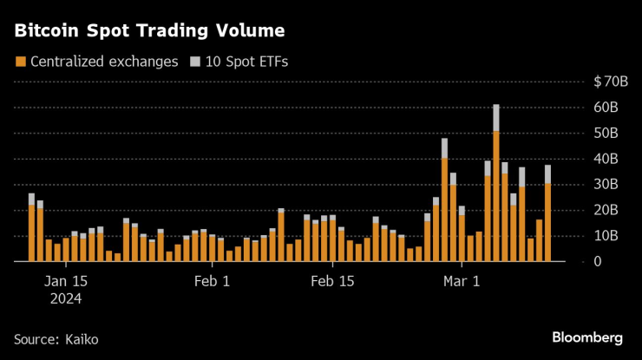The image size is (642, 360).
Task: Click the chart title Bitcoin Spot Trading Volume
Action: tap(148, 31)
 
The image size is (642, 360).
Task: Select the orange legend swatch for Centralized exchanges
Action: tap(19, 62)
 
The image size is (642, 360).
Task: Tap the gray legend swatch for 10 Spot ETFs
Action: tap(195, 62)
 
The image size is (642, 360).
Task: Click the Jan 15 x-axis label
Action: tap(66, 281)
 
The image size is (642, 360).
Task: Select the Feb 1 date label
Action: tap(212, 281)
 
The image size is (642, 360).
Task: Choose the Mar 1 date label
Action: tap(461, 281)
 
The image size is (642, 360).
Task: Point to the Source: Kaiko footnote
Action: tap(56, 337)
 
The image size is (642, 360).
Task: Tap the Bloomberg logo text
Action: tap(587, 337)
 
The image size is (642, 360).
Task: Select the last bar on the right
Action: tap(547, 217)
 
